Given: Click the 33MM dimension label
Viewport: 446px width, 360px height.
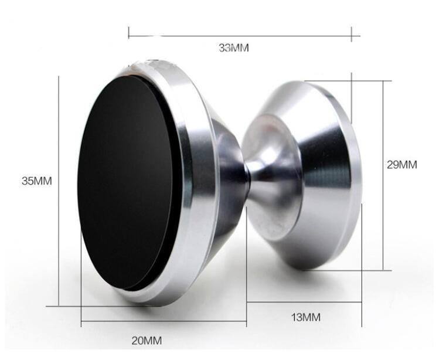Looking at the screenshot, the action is (x=233, y=48).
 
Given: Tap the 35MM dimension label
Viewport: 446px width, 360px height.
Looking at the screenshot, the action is (x=37, y=181).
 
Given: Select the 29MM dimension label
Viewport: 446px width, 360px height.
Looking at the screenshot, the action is (x=401, y=165).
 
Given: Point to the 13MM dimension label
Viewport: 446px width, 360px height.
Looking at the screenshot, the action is (x=306, y=317).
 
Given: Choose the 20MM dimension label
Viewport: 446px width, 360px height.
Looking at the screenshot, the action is (x=147, y=341).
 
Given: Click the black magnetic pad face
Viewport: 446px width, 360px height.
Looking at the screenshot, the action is (x=125, y=182).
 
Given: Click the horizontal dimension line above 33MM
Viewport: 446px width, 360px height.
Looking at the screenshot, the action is (x=244, y=36).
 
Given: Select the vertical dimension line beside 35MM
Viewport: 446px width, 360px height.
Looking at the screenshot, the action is (x=59, y=191).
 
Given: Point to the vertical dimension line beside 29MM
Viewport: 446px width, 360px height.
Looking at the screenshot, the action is (x=383, y=175).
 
